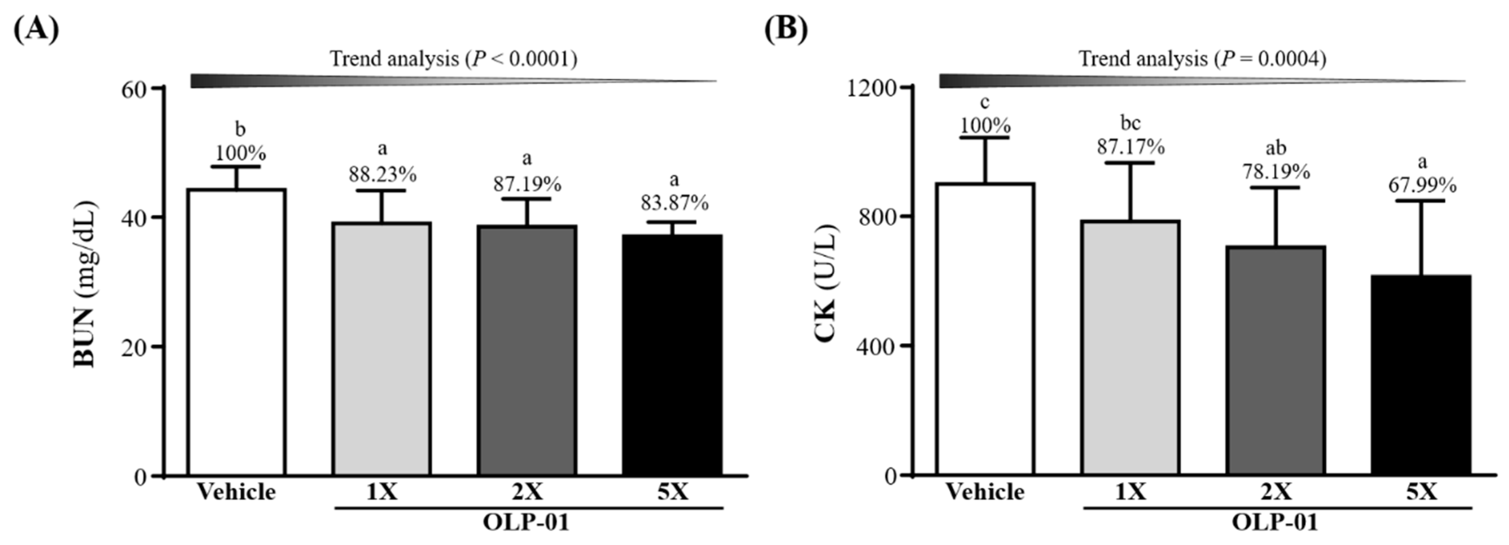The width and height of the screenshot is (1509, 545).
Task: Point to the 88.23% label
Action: pyautogui.click(x=383, y=174)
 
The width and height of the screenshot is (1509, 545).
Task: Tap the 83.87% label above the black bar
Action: pyautogui.click(x=674, y=203)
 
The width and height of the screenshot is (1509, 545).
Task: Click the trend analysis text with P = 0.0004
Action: pyautogui.click(x=1202, y=59)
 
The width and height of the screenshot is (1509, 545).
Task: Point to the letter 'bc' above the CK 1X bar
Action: pyautogui.click(x=1130, y=123)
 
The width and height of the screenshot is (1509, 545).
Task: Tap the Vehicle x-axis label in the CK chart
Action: pyautogui.click(x=985, y=492)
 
